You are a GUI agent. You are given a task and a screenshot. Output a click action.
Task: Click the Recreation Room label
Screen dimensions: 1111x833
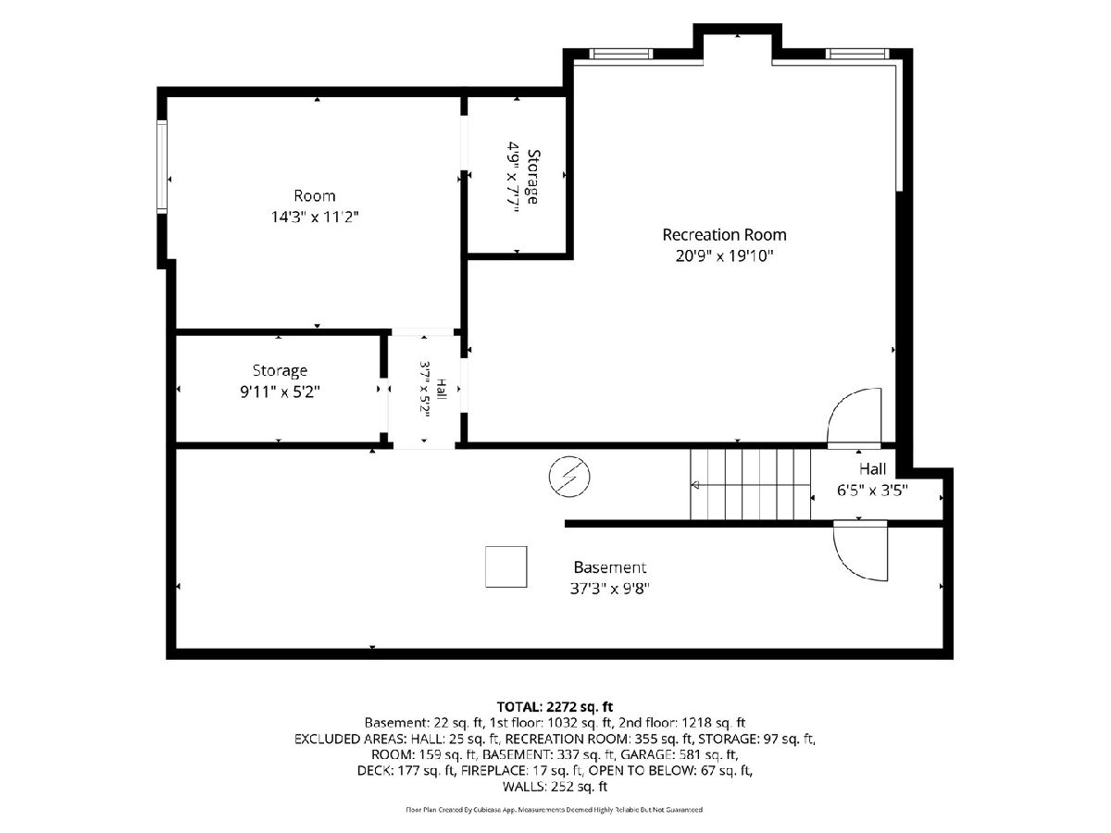[724, 235]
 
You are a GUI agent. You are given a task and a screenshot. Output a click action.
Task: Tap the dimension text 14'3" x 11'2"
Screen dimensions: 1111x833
[315, 217]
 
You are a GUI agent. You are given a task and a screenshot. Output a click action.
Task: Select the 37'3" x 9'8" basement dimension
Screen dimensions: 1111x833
[609, 589]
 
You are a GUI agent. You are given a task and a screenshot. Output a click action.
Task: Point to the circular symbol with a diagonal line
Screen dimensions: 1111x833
[569, 477]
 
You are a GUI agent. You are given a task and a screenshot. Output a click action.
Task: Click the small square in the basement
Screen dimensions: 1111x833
[506, 566]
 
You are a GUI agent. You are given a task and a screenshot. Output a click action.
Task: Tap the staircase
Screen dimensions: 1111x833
[750, 484]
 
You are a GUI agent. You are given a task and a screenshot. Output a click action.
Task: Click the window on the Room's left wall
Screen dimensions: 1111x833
[161, 167]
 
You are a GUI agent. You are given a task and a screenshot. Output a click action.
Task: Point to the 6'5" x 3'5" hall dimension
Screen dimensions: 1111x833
[872, 491]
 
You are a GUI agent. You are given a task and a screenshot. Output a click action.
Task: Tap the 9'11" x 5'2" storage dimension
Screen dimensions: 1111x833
[280, 392]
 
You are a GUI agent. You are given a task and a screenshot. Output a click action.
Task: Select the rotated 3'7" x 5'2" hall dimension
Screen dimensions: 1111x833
[425, 389]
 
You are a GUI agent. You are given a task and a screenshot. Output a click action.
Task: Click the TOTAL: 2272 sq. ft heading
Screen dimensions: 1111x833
[555, 706]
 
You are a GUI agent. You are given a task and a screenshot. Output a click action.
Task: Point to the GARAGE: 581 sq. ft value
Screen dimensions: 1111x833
[679, 754]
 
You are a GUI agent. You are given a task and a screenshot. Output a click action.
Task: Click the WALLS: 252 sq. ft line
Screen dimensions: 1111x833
[555, 787]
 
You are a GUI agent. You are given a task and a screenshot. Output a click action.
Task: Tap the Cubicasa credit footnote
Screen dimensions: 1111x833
[555, 810]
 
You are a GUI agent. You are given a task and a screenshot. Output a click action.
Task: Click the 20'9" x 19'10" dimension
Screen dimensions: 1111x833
[724, 256]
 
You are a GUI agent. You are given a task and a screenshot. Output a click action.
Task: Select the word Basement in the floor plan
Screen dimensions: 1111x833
[610, 567]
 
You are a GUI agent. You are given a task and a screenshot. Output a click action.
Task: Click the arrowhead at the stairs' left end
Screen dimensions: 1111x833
[695, 486]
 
